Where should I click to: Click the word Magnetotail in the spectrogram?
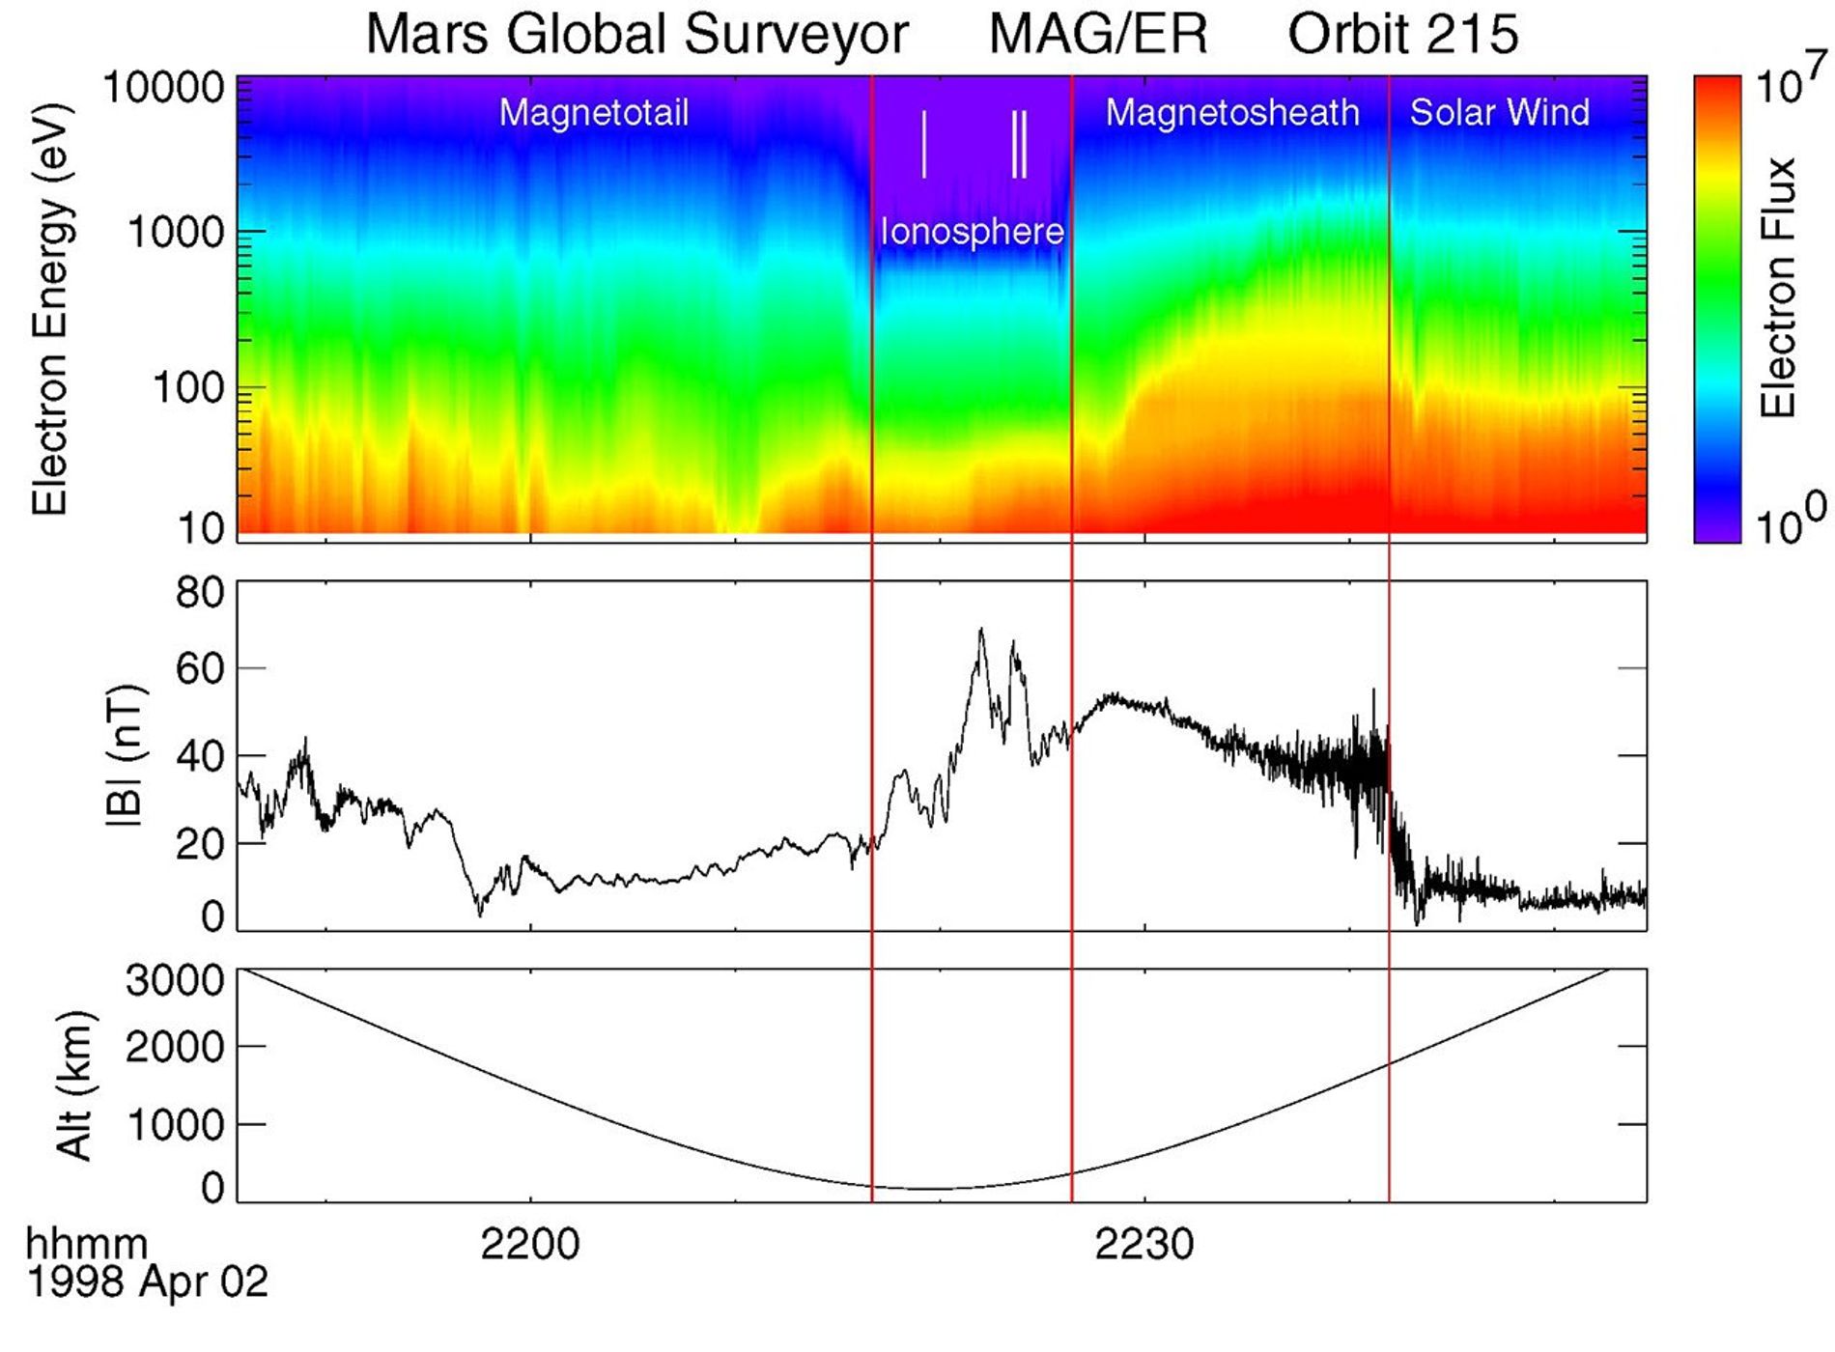593,113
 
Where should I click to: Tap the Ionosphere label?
972,232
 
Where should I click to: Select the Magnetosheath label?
1231,113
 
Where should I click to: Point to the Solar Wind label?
1499,113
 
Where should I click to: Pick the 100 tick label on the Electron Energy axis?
188,388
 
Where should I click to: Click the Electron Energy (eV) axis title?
49,309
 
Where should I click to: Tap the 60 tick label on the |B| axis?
199,668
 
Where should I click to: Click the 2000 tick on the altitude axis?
174,1047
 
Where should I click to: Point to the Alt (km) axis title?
75,1085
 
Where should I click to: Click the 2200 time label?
530,1245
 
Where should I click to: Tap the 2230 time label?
1144,1245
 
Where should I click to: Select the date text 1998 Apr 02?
147,1282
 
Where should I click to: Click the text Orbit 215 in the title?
1402,35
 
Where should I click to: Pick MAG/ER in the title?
1098,35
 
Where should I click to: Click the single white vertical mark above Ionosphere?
924,145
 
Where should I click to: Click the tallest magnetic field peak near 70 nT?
981,631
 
